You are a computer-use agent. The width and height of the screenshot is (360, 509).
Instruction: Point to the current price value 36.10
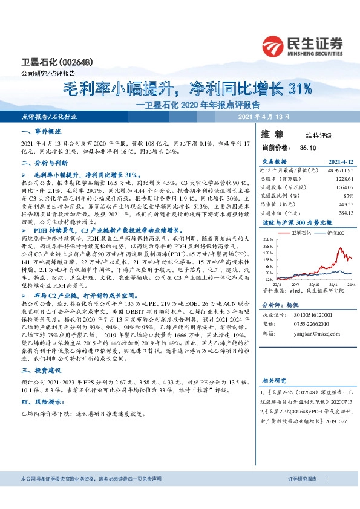coord(301,148)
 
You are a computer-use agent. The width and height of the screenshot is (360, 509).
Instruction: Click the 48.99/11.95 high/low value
coord(340,170)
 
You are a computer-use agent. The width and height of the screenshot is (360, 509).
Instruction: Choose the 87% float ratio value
coord(348,195)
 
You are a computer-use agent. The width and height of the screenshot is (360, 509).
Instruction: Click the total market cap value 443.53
coord(345,204)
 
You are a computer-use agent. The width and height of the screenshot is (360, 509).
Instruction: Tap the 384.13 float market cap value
coord(345,212)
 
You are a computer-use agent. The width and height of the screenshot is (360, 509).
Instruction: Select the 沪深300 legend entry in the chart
coord(336,233)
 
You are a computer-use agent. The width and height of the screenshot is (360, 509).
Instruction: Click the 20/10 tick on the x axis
coord(314,284)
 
